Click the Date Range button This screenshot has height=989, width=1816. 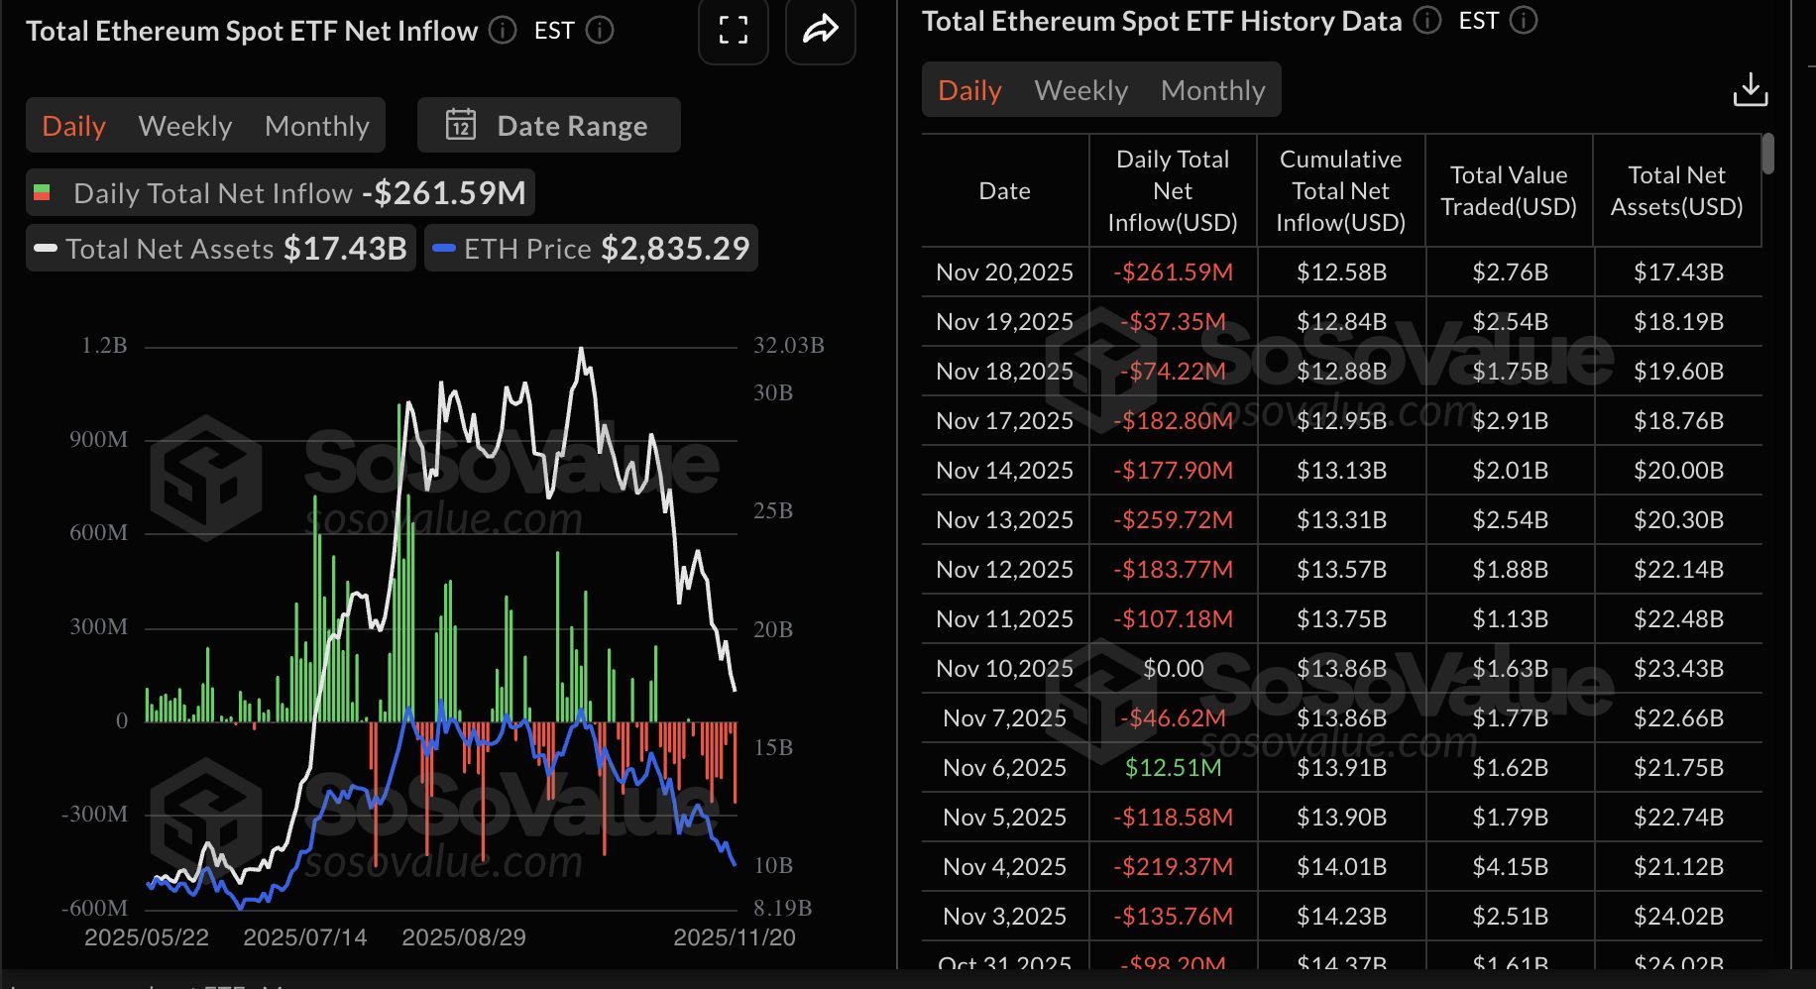pos(548,126)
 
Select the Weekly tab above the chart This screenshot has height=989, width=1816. pos(185,126)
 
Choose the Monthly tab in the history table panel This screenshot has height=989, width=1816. pos(1212,90)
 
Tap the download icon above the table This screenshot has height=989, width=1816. pos(1750,89)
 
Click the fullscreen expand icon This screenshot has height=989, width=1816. pos(733,31)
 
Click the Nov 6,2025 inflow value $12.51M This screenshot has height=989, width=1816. pos(1173,767)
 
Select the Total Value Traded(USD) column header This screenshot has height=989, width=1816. pos(1509,190)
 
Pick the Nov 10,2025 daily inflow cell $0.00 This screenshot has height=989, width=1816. pos(1173,668)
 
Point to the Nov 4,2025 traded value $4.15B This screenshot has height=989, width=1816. pos(1509,866)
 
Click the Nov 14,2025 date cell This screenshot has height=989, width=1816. pos(1004,470)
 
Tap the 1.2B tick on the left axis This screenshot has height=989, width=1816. pos(104,346)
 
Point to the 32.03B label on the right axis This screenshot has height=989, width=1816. pos(788,346)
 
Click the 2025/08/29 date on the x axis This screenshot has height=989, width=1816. pos(463,937)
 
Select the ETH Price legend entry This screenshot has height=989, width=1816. pos(592,249)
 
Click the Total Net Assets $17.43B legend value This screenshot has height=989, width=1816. pos(345,249)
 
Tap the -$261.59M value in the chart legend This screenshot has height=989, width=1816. pos(443,192)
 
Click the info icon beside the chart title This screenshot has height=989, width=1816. pos(503,31)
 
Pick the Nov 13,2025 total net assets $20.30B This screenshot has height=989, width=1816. pos(1677,519)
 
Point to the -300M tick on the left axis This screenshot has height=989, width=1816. pos(95,815)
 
